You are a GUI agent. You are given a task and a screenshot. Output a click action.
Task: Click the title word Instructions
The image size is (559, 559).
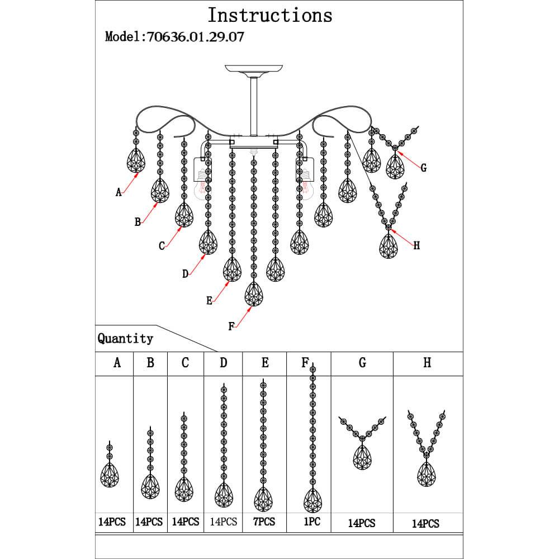[x=270, y=15]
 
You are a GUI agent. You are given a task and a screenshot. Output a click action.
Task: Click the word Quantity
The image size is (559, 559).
[x=125, y=338]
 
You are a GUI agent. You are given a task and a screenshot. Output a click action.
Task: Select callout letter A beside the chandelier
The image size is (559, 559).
[x=119, y=192]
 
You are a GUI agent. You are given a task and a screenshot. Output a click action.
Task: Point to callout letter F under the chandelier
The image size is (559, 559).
[x=231, y=326]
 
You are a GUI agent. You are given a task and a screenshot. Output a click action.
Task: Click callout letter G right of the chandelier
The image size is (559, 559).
[x=423, y=168]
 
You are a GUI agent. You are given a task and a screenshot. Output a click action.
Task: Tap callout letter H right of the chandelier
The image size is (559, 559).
[x=416, y=245]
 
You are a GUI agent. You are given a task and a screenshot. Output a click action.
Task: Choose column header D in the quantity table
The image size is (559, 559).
[x=224, y=363]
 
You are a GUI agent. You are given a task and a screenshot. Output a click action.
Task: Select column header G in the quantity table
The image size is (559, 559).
[x=362, y=363]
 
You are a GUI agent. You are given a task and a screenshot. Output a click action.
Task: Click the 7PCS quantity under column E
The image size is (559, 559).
[x=264, y=522]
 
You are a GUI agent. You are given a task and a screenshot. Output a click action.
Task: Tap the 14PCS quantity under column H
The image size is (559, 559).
[x=425, y=524]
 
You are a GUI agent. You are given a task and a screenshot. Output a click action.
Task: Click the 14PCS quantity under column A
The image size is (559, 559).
[x=111, y=522]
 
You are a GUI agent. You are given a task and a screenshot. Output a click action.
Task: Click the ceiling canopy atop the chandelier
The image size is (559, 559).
[x=254, y=69]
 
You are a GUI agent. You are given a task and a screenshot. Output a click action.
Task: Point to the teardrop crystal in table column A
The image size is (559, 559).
[x=110, y=475]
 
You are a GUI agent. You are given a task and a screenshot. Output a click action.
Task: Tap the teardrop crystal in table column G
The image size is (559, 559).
[x=362, y=457]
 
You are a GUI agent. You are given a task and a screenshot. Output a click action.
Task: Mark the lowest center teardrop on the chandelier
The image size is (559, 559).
[x=254, y=293]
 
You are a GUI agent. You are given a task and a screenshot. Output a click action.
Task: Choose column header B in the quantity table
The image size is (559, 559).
[x=150, y=363]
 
